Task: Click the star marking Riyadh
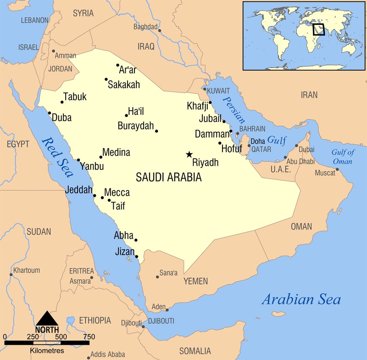click(x=189, y=155)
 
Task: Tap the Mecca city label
click(x=117, y=193)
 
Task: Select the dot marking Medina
click(x=101, y=157)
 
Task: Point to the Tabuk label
click(x=75, y=97)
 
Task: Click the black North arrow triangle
click(x=47, y=318)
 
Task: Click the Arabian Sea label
click(x=301, y=300)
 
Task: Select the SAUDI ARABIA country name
click(x=169, y=177)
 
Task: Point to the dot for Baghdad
click(x=159, y=31)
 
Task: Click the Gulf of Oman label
click(x=342, y=157)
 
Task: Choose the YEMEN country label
click(x=195, y=281)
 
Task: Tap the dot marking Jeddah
click(x=95, y=196)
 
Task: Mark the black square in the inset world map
click(x=318, y=29)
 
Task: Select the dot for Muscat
click(x=337, y=169)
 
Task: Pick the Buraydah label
click(x=135, y=126)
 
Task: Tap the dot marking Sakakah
click(x=106, y=79)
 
